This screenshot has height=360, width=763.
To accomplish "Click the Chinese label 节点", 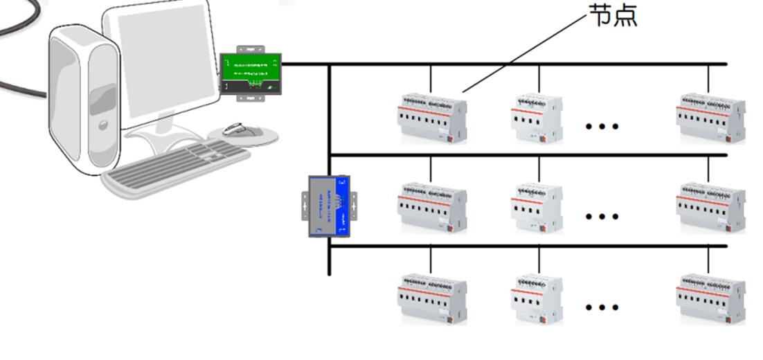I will [x=613, y=15].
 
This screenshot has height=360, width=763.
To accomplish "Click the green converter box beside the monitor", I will [x=251, y=73].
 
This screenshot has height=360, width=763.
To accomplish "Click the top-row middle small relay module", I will [x=537, y=118].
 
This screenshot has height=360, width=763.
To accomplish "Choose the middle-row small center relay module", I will [x=537, y=208].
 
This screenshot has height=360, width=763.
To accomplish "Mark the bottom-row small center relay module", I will [x=537, y=299].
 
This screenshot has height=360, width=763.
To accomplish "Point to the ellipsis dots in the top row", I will [x=601, y=127].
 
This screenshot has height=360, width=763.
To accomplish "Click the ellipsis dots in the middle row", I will [x=601, y=217].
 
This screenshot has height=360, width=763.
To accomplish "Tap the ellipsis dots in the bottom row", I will [x=601, y=307].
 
